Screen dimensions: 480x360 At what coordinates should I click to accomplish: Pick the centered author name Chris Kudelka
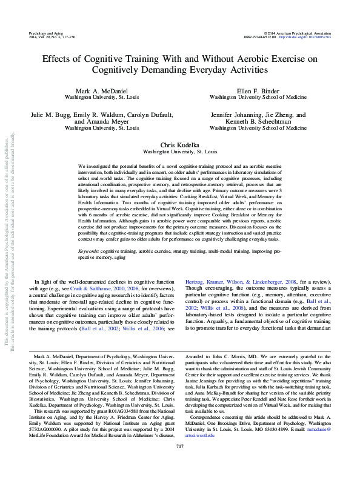pyautogui.click(x=180, y=145)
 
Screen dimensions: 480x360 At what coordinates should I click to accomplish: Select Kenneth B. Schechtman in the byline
pyautogui.click(x=258, y=121)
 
